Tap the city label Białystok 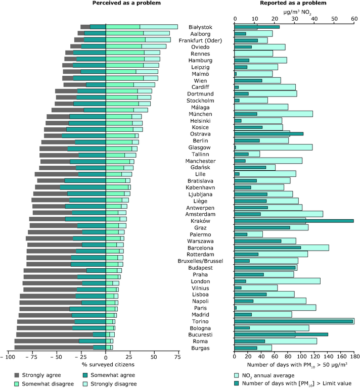point(200,27)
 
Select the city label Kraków point(200,221)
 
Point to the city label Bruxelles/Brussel point(200,261)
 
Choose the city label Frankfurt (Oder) point(200,40)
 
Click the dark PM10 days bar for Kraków point(294,221)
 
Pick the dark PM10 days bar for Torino point(293,321)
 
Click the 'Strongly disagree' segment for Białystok point(158,27)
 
